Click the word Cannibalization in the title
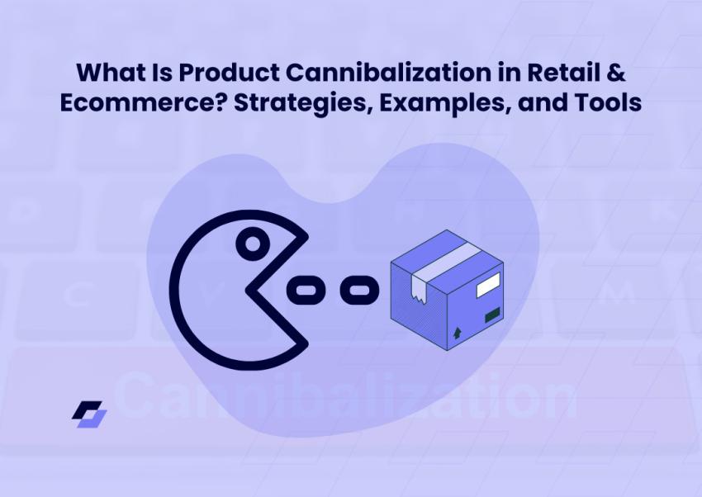pyautogui.click(x=388, y=73)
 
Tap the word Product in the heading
pyautogui.click(x=230, y=73)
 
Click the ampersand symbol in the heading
pyautogui.click(x=616, y=73)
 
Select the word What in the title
pyautogui.click(x=108, y=73)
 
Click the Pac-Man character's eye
pyautogui.click(x=253, y=244)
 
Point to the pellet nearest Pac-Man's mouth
pyautogui.click(x=305, y=291)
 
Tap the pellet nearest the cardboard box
pyautogui.click(x=359, y=291)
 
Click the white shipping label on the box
pyautogui.click(x=488, y=285)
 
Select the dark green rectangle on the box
pyautogui.click(x=492, y=315)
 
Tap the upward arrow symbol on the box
pyautogui.click(x=457, y=333)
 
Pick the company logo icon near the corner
pyautogui.click(x=89, y=414)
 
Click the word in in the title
pyautogui.click(x=509, y=73)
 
